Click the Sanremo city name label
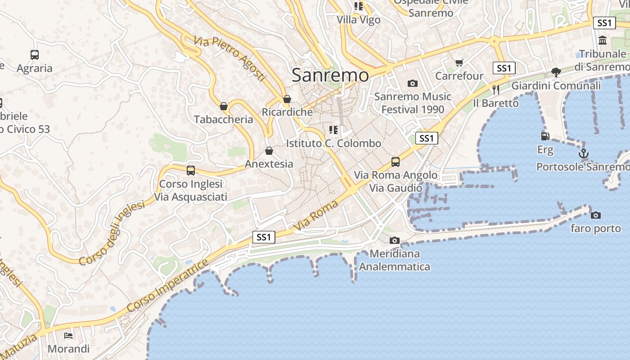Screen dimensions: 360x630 [x=330, y=75]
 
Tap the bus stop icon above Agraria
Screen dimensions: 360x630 [x=35, y=55]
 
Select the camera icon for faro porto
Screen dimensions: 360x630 [x=595, y=215]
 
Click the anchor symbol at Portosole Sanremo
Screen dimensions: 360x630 [x=583, y=153]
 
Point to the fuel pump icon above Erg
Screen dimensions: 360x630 [x=545, y=136]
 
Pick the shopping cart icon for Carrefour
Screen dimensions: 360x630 [x=459, y=63]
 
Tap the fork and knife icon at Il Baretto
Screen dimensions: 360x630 [x=495, y=90]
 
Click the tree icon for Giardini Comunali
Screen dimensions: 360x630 [x=556, y=72]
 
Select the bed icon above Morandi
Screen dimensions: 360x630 [x=68, y=335]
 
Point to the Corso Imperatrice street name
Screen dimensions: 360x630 [x=167, y=286]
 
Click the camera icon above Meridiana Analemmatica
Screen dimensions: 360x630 [x=395, y=240]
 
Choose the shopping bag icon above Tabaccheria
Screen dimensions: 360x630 [x=224, y=106]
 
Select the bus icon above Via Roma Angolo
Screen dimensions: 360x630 [x=396, y=162]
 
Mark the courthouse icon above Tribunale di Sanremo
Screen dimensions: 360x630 [x=603, y=40]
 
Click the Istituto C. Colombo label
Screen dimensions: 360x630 [x=333, y=144]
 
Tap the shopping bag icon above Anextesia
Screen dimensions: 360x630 [x=269, y=151]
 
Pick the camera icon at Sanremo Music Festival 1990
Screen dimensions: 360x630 [x=412, y=83]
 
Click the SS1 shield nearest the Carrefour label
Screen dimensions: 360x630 [x=504, y=68]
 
